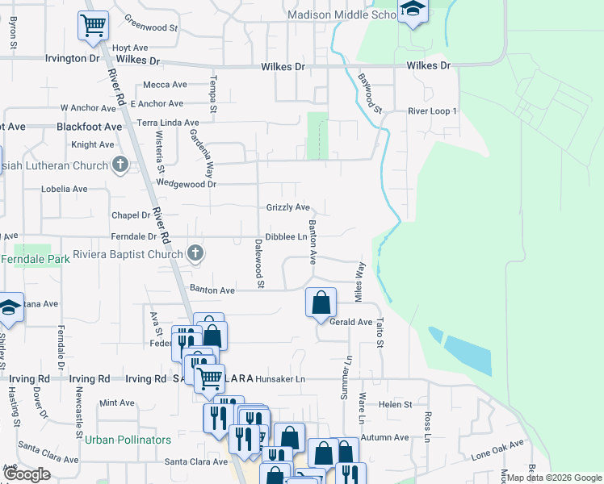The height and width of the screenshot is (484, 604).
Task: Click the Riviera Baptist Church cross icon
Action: (x=195, y=254)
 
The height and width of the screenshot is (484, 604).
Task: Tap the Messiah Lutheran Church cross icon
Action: (x=120, y=165)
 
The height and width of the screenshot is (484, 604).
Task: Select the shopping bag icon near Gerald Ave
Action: (x=321, y=303)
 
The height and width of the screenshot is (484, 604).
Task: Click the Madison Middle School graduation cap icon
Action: (x=413, y=10)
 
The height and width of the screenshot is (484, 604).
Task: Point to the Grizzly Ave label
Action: (x=288, y=207)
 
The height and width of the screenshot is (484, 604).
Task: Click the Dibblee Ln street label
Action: (x=286, y=237)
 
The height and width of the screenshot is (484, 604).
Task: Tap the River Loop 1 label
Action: (x=432, y=111)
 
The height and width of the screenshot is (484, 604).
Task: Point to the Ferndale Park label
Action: (x=35, y=260)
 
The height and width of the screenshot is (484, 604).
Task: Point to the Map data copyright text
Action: (x=553, y=478)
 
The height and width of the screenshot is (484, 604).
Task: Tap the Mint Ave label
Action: (x=117, y=403)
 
